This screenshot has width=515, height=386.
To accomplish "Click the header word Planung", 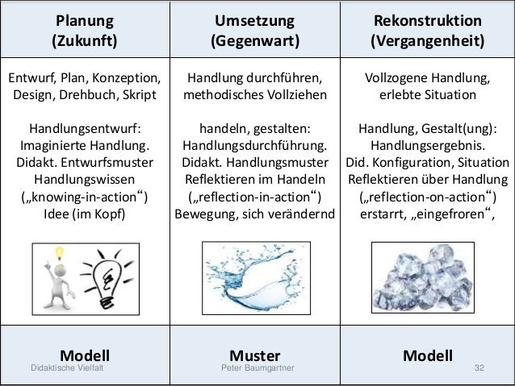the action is tap(85, 19).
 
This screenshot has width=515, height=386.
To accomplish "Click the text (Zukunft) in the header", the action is tap(85, 39).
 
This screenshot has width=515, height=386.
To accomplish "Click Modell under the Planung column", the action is tap(85, 355).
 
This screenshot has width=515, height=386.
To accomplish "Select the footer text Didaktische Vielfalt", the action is tap(67, 368).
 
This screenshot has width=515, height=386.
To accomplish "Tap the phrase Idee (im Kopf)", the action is tap(85, 215).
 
